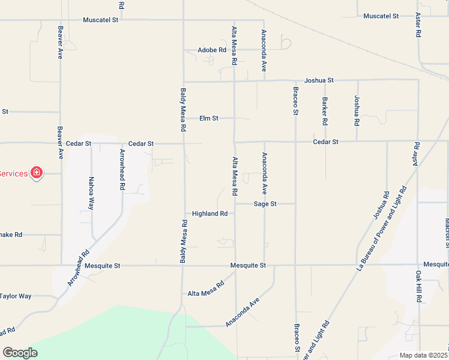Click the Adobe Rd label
pyautogui.click(x=211, y=50)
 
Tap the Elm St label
pyautogui.click(x=208, y=119)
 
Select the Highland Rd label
pyautogui.click(x=209, y=214)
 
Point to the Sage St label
pyautogui.click(x=265, y=204)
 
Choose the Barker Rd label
pyautogui.click(x=325, y=111)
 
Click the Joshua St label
pyautogui.click(x=319, y=80)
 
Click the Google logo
pyautogui.click(x=20, y=353)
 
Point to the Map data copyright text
pyautogui.click(x=423, y=355)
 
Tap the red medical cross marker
pyautogui.click(x=37, y=173)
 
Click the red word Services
pyautogui.click(x=13, y=174)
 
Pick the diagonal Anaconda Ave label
pyautogui.click(x=242, y=313)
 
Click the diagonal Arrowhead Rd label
pyautogui.click(x=79, y=268)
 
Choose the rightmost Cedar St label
pyautogui.click(x=326, y=142)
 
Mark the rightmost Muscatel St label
pyautogui.click(x=381, y=16)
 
